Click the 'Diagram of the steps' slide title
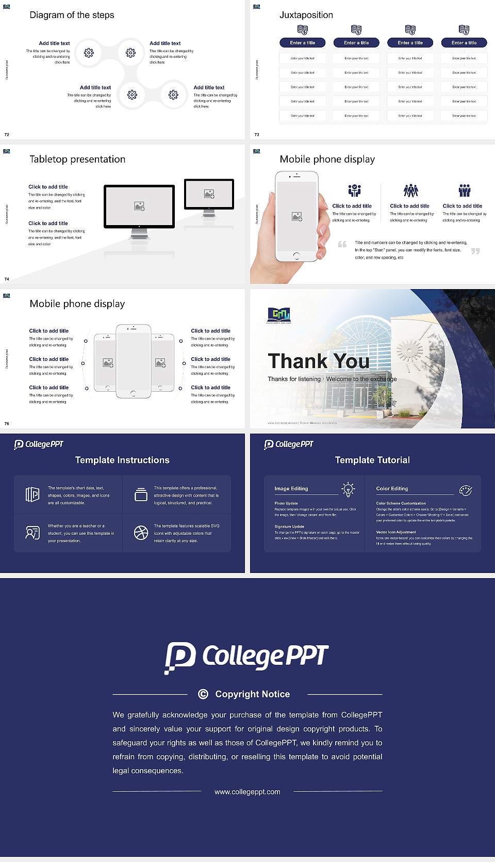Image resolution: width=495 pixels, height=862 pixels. (x=72, y=15)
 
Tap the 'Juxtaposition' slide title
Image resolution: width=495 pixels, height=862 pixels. (x=306, y=15)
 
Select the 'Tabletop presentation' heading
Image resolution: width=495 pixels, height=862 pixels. (x=77, y=159)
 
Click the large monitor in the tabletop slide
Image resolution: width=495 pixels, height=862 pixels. (x=139, y=206)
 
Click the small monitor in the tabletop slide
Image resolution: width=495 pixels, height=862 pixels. (x=209, y=194)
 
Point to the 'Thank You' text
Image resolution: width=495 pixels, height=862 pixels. (x=318, y=361)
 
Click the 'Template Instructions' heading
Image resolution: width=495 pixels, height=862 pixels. (x=122, y=460)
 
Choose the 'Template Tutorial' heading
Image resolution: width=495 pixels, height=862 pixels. (x=372, y=460)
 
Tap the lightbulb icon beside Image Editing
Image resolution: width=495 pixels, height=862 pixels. (x=348, y=489)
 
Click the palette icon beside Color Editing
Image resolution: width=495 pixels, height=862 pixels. (x=466, y=490)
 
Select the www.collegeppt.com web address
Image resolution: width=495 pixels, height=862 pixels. (x=247, y=792)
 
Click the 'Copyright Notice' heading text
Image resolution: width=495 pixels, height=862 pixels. (x=252, y=694)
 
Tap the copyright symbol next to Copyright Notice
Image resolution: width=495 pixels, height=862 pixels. (x=203, y=694)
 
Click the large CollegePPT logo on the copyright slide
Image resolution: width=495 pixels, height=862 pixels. (x=246, y=657)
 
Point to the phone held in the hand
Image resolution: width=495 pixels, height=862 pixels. (x=296, y=216)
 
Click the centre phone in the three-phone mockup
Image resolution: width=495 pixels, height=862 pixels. (x=133, y=361)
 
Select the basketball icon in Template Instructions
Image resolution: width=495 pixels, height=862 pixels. (x=141, y=533)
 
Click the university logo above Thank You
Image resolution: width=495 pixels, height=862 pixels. (x=279, y=314)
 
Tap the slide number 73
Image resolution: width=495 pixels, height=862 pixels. (x=257, y=135)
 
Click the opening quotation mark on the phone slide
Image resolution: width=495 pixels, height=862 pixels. (x=342, y=244)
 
